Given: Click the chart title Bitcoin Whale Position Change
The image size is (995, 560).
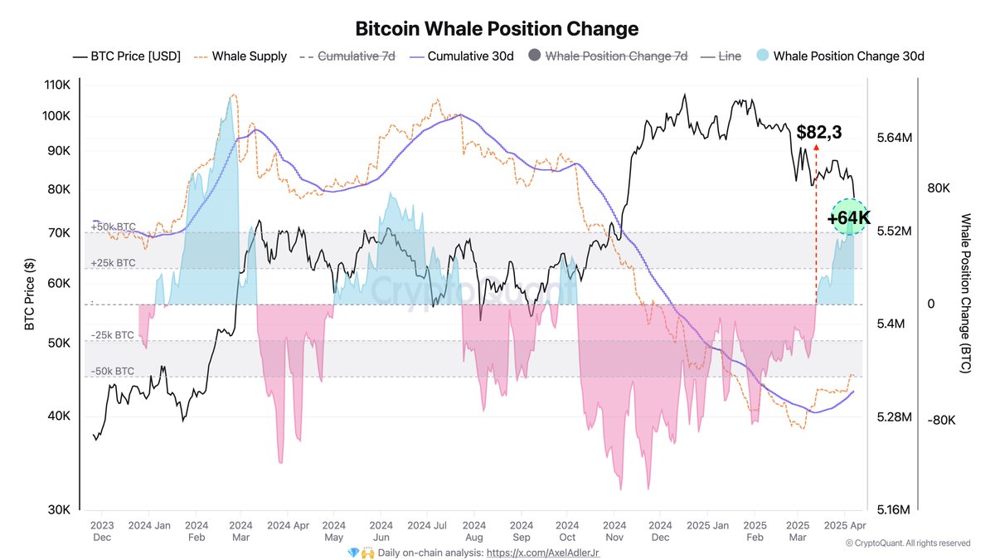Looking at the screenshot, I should (497, 28).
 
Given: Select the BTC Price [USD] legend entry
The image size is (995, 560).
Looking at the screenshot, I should (127, 56).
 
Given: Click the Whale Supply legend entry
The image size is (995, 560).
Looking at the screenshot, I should (241, 56).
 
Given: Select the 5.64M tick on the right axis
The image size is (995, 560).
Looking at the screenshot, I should (894, 138).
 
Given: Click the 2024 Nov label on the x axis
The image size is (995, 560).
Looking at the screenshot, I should (614, 531).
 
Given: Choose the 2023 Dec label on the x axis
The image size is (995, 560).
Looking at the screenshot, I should (101, 531).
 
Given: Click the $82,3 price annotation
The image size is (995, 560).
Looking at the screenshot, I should (818, 132).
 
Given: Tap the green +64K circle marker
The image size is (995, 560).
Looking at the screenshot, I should (848, 217).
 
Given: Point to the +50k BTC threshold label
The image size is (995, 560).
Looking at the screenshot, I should (113, 226).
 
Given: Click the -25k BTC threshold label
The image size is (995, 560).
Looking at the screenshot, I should (113, 335).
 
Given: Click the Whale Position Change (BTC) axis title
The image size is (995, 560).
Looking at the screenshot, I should (964, 293).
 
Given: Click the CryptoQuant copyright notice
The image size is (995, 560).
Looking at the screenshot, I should (907, 543).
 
